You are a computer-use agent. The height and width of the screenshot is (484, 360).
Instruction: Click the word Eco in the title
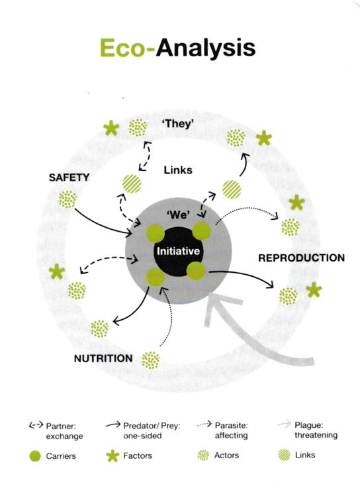tap(122, 48)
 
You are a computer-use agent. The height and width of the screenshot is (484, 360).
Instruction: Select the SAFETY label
tap(69, 177)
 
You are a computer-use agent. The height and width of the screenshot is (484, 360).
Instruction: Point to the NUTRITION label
tap(103, 358)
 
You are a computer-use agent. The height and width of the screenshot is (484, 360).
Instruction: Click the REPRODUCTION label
tap(301, 258)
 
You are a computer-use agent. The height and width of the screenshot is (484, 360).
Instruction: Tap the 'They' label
tap(178, 124)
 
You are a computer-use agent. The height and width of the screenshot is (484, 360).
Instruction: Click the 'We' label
tap(179, 215)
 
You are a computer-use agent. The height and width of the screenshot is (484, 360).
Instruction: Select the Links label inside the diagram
tap(178, 169)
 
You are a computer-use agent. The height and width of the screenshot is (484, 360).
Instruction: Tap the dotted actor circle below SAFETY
tap(67, 199)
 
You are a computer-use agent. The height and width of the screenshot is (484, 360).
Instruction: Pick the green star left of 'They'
tap(111, 128)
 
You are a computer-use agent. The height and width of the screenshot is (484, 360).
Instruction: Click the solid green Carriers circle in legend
tap(35, 456)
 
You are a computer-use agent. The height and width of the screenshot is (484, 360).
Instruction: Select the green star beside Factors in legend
tap(112, 456)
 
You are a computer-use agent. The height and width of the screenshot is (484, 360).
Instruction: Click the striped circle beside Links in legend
tap(284, 455)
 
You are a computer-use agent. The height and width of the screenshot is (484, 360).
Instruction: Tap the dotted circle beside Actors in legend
tap(203, 455)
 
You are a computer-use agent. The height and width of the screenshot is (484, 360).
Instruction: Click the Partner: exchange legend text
tap(64, 431)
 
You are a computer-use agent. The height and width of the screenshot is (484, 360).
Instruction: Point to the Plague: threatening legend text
tap(316, 430)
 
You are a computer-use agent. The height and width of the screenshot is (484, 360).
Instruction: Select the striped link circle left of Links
tap(132, 184)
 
